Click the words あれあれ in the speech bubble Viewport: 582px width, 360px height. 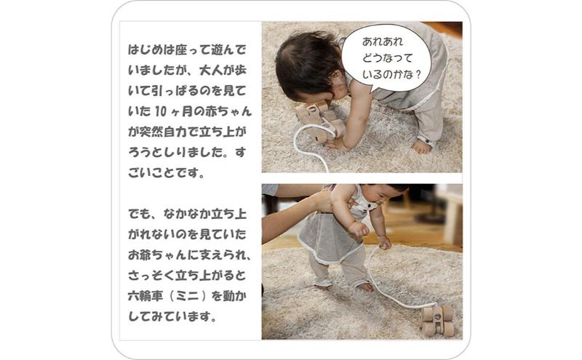coord(383,41)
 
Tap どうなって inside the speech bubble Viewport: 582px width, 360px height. coord(388,58)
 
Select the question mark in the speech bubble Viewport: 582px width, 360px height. coord(419,75)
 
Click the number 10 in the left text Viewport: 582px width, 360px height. coord(160,111)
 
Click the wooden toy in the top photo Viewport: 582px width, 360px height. coord(320,121)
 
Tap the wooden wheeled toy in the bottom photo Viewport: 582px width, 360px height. coord(437,320)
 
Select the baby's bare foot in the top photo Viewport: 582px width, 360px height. coord(422,146)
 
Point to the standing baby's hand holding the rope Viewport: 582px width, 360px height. coord(384,243)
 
